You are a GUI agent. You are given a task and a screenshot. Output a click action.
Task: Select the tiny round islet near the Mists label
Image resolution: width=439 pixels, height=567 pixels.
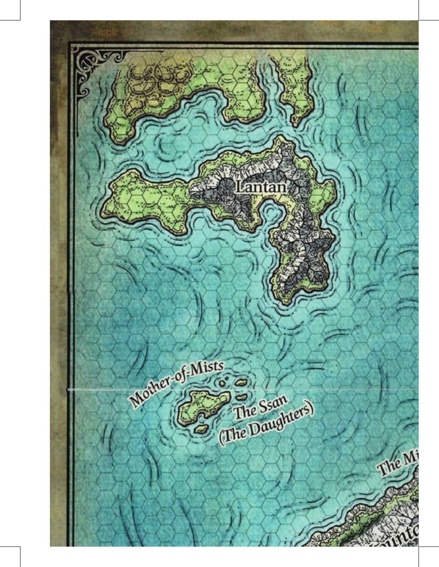coord(222,383)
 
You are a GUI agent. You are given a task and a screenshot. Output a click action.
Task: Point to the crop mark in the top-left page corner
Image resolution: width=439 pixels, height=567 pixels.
coord(20,20)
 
